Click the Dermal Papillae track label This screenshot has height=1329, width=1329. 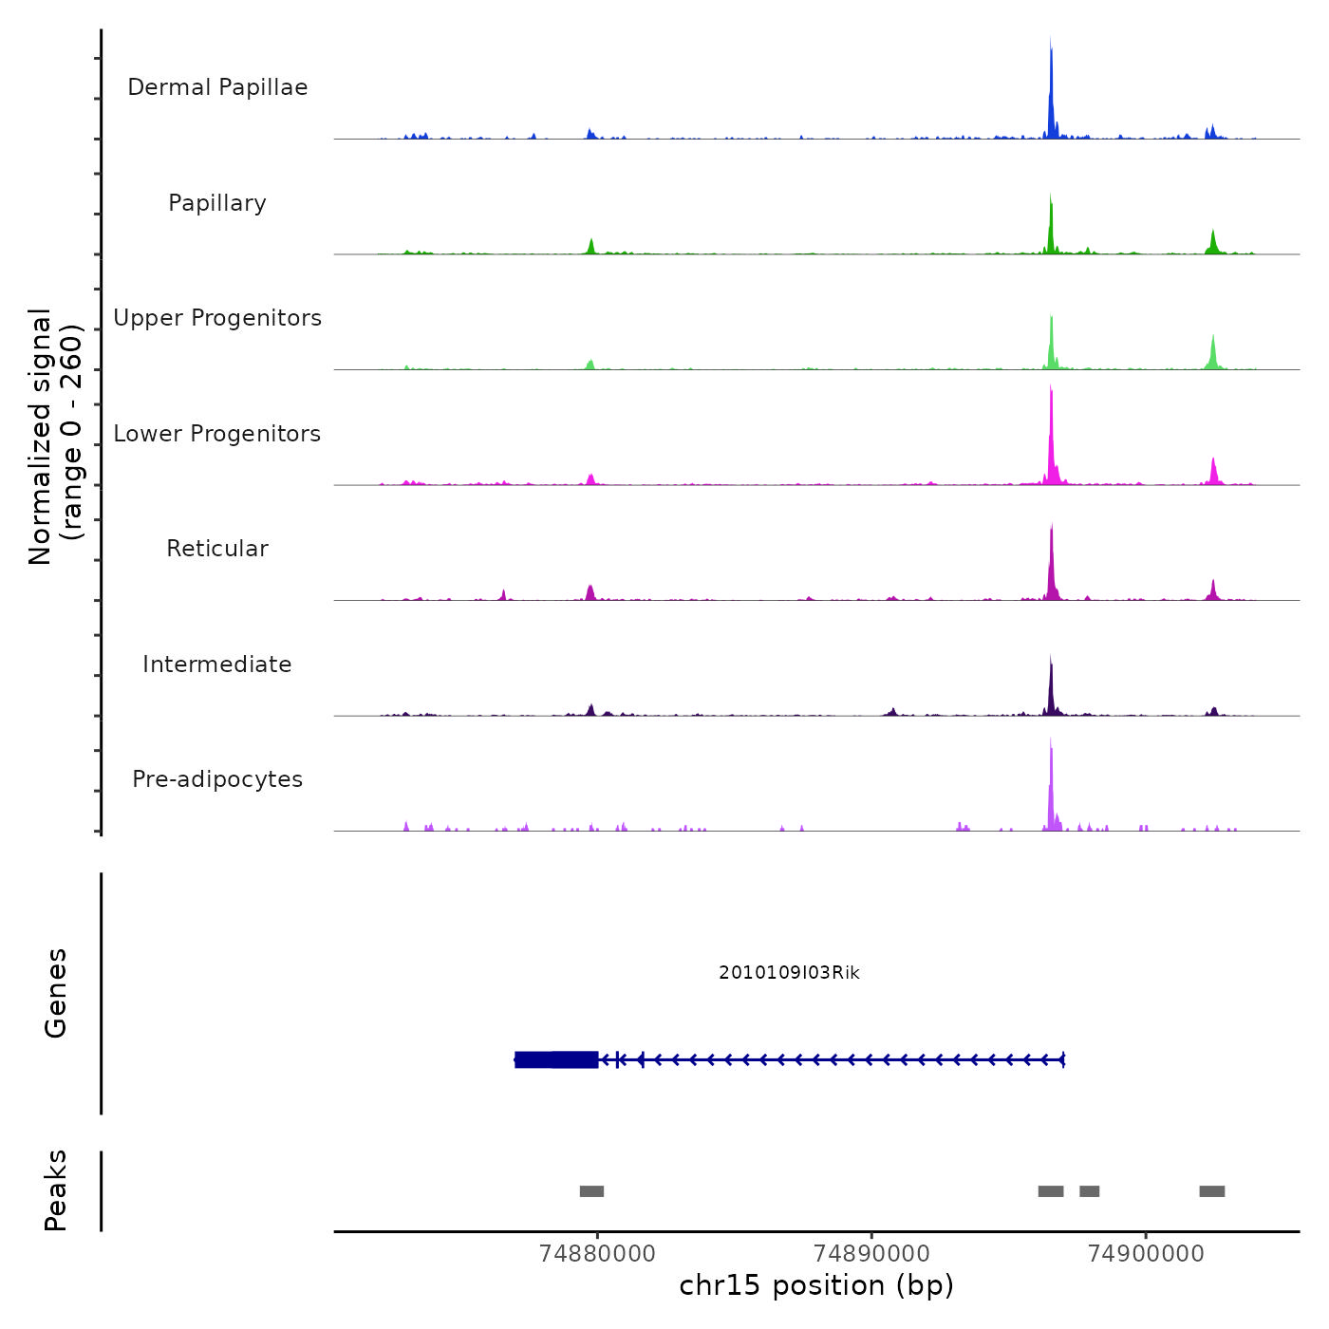point(217,87)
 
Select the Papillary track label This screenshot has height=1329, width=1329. point(217,203)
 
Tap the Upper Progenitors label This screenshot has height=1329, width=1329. point(217,318)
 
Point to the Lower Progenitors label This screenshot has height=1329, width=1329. point(217,434)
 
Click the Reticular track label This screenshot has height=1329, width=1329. point(217,549)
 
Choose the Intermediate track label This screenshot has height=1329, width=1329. point(217,664)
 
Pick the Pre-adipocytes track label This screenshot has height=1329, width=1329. point(217,779)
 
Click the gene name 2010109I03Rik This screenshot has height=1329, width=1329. point(789,973)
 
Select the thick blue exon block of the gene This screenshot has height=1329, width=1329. point(556,1059)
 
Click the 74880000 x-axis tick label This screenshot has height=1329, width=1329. point(597,1254)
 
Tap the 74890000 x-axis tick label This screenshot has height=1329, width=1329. point(871,1254)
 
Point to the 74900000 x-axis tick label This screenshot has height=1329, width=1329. point(1146,1254)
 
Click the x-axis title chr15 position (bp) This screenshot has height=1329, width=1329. point(816,1285)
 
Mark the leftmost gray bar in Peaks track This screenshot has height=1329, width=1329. point(591,1191)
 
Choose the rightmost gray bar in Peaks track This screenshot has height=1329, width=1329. point(1211,1191)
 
